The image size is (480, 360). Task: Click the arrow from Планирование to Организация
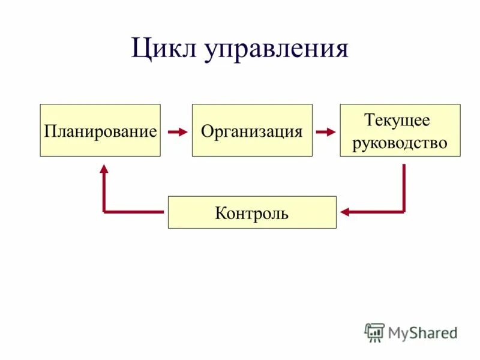[x=178, y=131]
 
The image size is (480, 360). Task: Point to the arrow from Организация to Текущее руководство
[x=326, y=131]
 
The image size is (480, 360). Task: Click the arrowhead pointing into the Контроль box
[x=344, y=212]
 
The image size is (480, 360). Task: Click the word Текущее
[x=397, y=120]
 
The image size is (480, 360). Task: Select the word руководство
[x=400, y=143]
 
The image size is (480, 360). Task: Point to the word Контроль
[x=252, y=213]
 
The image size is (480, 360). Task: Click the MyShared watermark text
[x=422, y=332]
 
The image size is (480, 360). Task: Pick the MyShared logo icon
[x=374, y=332]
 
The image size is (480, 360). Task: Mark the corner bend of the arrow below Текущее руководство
[x=404, y=212]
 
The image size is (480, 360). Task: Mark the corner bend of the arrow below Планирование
[x=104, y=212]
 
